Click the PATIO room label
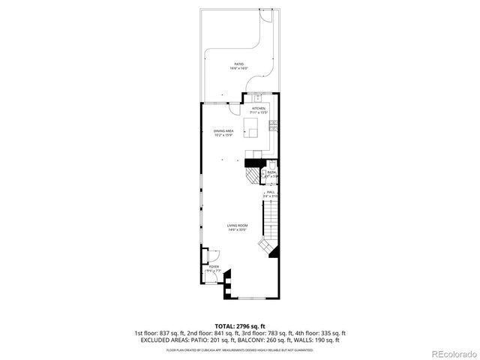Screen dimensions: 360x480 tap(238, 64)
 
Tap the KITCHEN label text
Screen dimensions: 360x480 tap(259, 108)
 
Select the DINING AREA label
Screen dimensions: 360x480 tap(223, 131)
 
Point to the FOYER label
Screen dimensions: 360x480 tap(214, 266)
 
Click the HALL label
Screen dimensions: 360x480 tap(271, 192)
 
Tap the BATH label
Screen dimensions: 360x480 tap(271, 172)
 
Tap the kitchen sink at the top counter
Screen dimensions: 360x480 tap(257, 97)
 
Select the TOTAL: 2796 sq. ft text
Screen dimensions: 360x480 tap(239, 326)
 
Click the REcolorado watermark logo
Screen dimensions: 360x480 tap(450, 353)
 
